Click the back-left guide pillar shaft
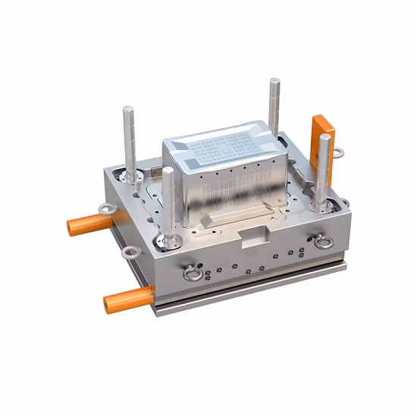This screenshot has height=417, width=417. [x=130, y=140]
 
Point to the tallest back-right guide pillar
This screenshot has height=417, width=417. [x=274, y=106]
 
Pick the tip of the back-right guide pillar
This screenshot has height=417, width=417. [x=274, y=81]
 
